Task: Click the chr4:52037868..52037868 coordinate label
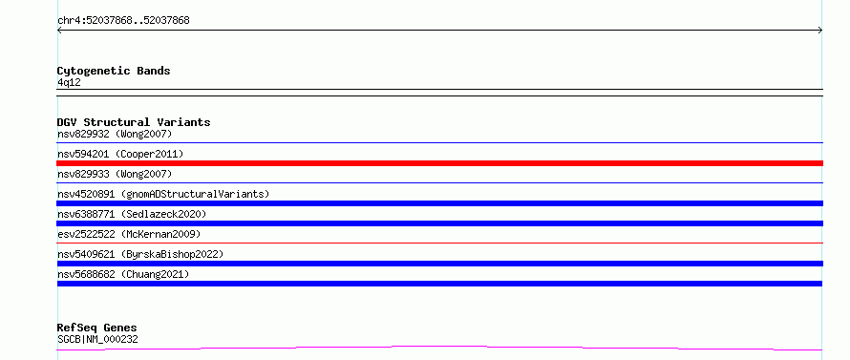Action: (x=123, y=21)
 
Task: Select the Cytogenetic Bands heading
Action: (x=114, y=71)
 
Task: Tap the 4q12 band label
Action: (x=69, y=83)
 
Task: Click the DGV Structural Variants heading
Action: (x=134, y=122)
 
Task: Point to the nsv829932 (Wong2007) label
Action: (x=115, y=134)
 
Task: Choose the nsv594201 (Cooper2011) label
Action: (x=120, y=154)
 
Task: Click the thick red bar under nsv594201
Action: (x=439, y=163)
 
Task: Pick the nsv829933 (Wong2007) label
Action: (x=115, y=174)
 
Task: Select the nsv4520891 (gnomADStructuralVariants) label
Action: (x=163, y=194)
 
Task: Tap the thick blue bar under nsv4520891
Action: (x=439, y=203)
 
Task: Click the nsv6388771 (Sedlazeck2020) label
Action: (x=132, y=214)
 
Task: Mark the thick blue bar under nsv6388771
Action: (x=439, y=223)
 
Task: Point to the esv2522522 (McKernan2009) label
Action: (x=129, y=234)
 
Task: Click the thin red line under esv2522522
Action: (x=439, y=243)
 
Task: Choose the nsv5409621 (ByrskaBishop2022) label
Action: (x=140, y=254)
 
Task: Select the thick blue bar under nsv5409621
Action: (x=439, y=264)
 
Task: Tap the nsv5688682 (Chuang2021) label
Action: (x=123, y=274)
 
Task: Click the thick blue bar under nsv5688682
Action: (x=439, y=284)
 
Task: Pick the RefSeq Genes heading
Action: (x=97, y=328)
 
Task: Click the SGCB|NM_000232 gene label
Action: (x=97, y=340)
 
